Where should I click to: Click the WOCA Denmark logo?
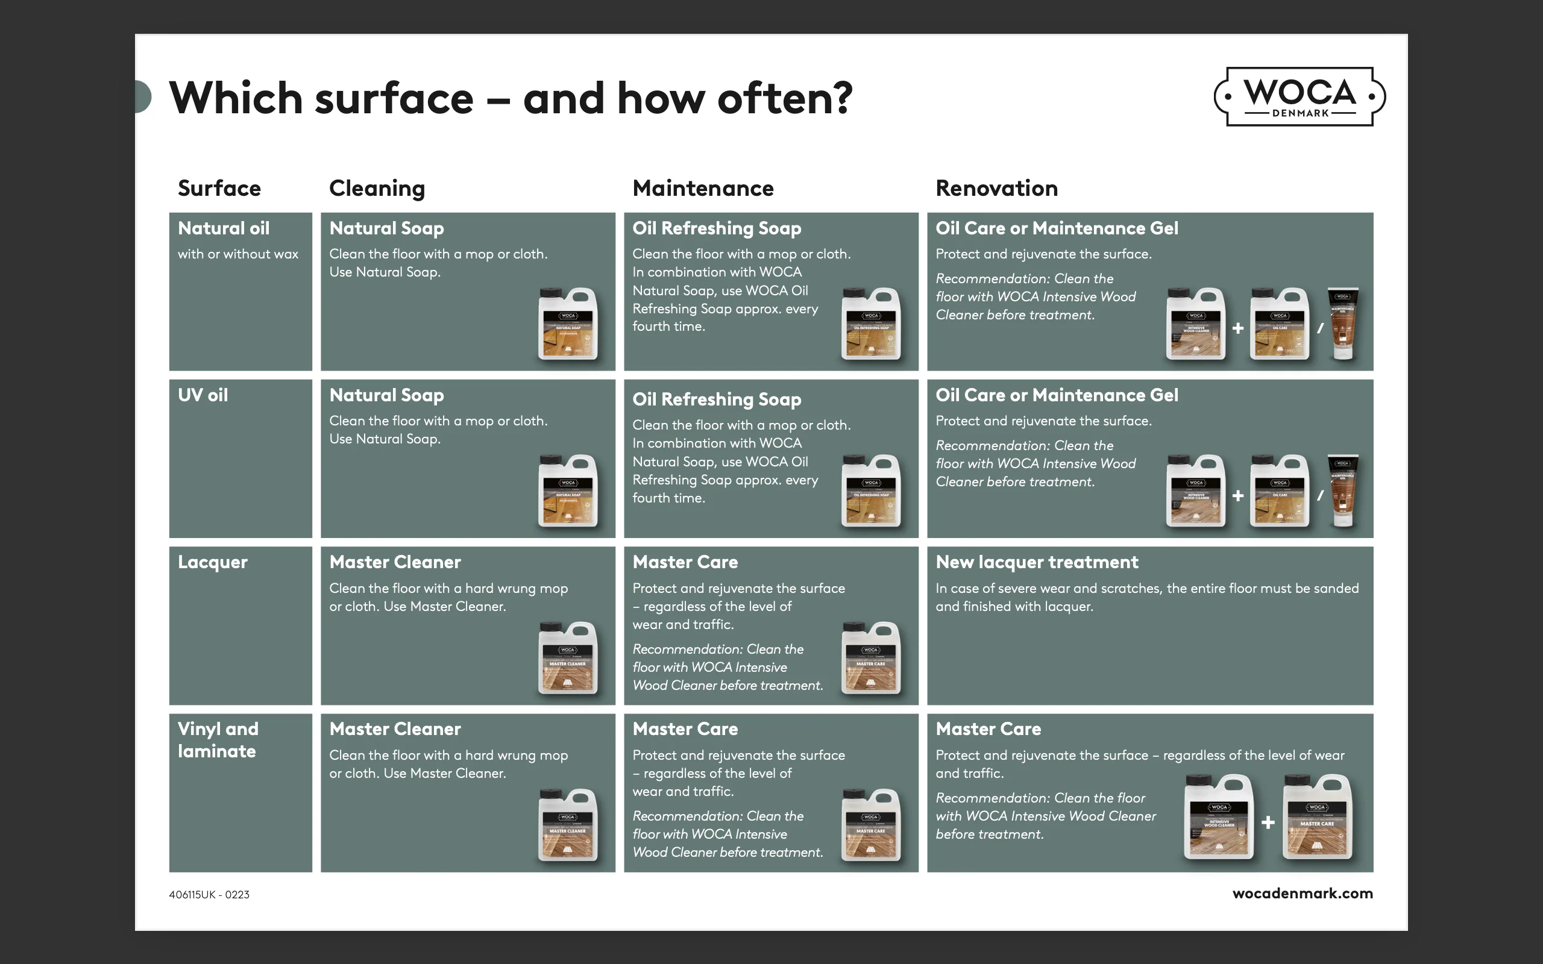click(x=1299, y=96)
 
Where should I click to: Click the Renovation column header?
click(x=996, y=188)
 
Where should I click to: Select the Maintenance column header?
click(x=703, y=188)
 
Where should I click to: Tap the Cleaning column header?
click(x=377, y=188)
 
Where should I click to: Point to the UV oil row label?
click(x=203, y=395)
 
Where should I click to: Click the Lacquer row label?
click(x=212, y=562)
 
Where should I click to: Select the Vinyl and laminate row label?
click(x=218, y=740)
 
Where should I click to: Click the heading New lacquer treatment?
click(x=1037, y=562)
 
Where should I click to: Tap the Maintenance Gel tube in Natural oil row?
click(x=1343, y=324)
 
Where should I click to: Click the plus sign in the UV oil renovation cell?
click(x=1237, y=495)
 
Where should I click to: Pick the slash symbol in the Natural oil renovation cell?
click(x=1321, y=328)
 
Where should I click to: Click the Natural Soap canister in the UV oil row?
click(x=567, y=490)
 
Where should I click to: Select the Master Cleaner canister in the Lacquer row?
click(x=567, y=657)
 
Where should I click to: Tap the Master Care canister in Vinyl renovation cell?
click(x=1316, y=817)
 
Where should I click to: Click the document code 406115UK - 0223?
click(x=209, y=895)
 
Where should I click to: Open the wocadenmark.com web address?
click(x=1302, y=894)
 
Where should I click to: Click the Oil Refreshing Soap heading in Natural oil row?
click(x=717, y=228)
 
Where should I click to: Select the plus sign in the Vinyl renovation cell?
click(x=1268, y=822)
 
